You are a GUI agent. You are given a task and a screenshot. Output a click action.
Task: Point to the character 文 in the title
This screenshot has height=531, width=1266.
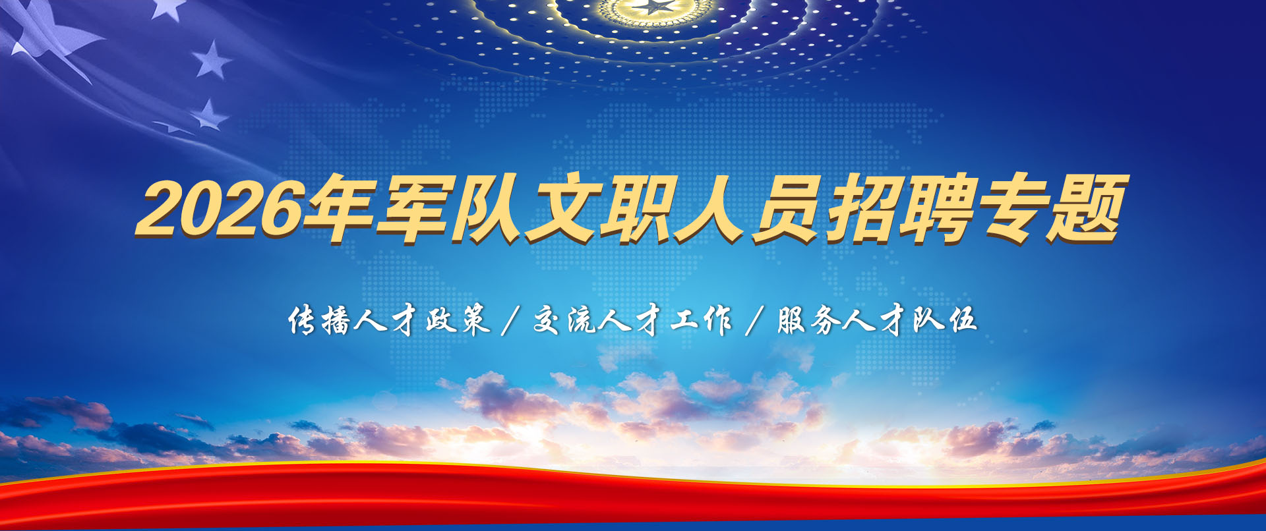563,208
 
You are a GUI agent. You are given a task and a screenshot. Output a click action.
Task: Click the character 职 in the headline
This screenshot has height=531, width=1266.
637,208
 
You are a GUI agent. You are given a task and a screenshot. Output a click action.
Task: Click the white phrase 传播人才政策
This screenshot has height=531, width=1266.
389,320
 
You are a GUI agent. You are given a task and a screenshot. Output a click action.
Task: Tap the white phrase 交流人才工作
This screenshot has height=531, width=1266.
632,320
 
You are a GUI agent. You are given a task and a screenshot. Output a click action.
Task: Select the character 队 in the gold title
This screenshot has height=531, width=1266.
489,208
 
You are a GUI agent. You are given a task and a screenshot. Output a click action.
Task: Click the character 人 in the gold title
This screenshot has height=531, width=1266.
711,208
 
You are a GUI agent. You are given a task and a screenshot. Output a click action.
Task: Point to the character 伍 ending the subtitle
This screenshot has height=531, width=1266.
962,320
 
